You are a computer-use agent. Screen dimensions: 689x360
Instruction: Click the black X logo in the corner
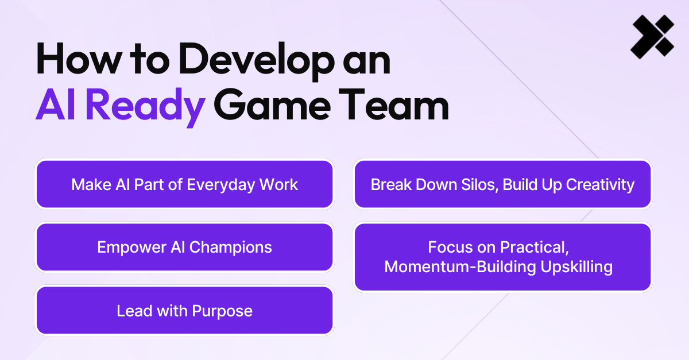coord(652,37)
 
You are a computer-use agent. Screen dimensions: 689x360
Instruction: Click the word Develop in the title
coord(257,61)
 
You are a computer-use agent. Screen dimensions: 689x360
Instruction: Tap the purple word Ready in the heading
coord(145,106)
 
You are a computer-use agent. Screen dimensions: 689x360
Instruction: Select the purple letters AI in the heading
coord(55,104)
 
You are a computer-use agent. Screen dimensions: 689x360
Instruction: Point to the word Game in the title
coord(272,104)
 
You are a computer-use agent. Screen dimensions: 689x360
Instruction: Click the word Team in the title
coord(394,104)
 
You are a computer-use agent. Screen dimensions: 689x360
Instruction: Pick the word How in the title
coord(79,59)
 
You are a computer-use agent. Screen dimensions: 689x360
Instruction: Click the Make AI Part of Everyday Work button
coord(184,184)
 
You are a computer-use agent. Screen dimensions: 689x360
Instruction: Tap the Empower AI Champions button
coord(184,247)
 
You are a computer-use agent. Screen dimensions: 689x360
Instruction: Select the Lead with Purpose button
coord(184,311)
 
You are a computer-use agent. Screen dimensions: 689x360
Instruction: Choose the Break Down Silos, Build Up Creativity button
coord(502,184)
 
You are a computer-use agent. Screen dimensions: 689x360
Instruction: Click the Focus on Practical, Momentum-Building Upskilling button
coord(502,257)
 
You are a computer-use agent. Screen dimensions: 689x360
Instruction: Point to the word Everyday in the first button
coord(221,185)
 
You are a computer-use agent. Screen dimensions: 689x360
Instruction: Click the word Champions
coord(231,248)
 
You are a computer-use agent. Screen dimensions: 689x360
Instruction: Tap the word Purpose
coord(222,311)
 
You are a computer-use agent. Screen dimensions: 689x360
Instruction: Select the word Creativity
coord(600,185)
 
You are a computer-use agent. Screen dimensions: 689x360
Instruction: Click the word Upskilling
coord(576,267)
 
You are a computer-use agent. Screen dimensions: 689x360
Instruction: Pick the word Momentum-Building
coord(460,266)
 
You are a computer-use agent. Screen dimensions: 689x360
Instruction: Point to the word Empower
coord(131,248)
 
